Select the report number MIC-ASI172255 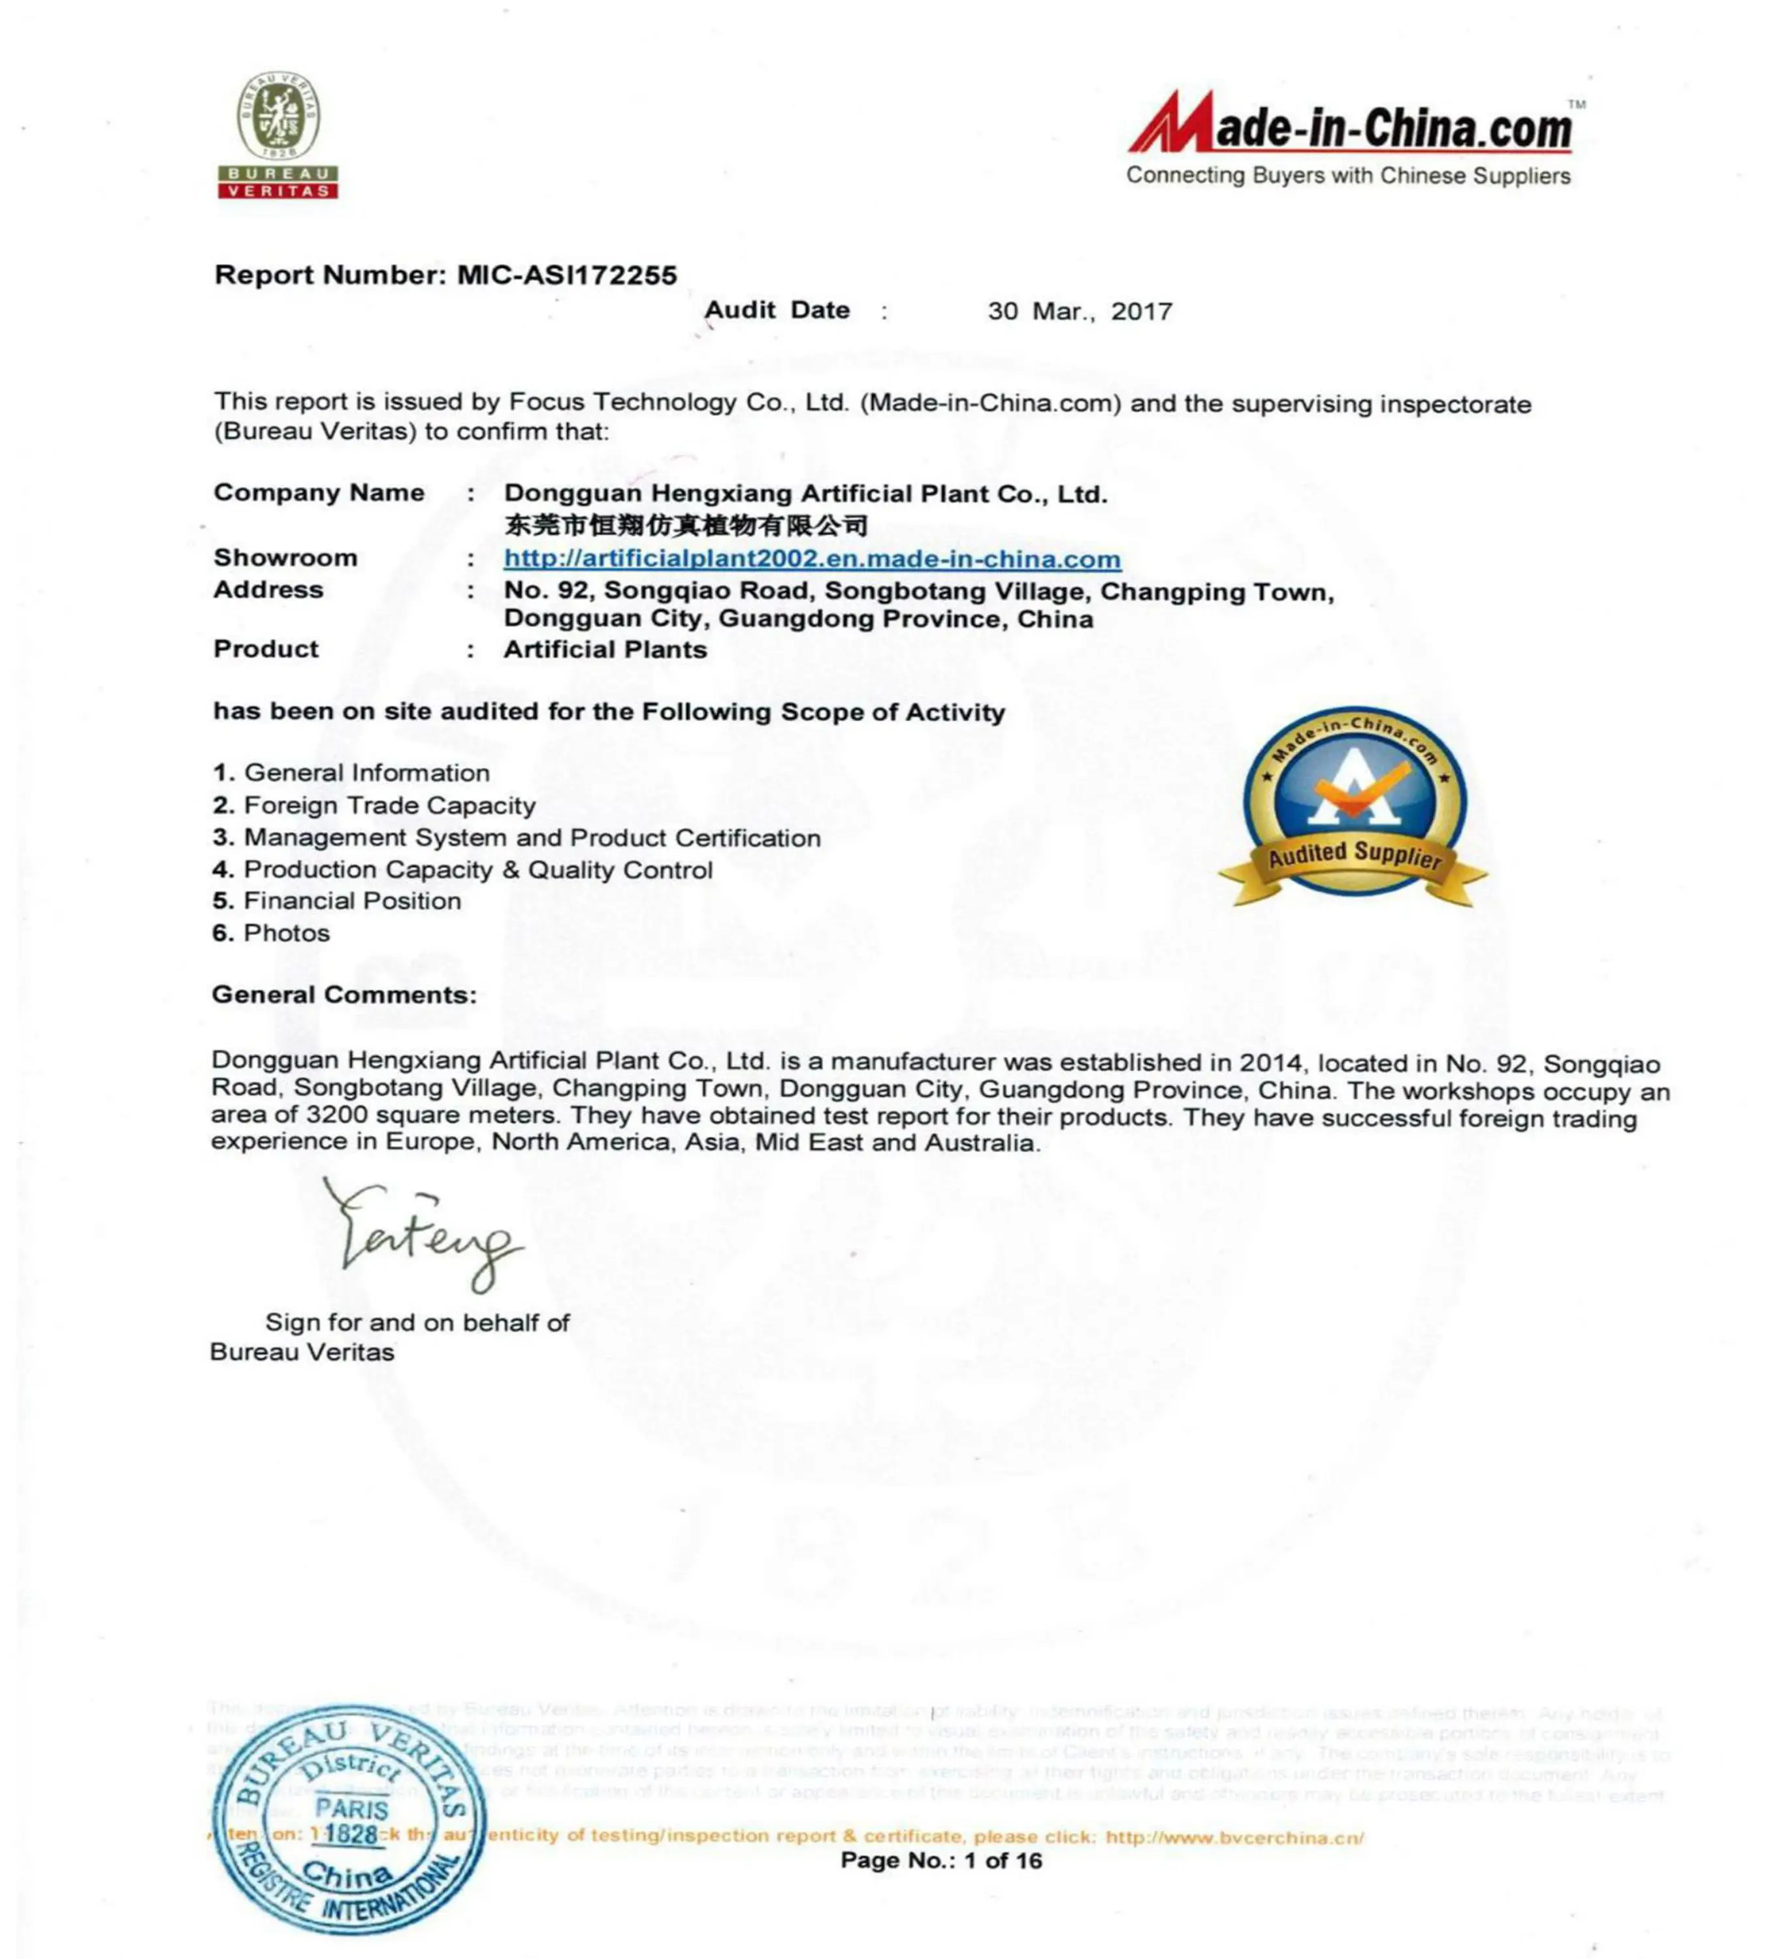point(566,276)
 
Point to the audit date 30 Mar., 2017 point(1080,312)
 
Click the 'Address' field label point(268,590)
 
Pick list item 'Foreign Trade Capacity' point(389,806)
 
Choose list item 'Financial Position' point(352,900)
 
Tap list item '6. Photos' point(272,933)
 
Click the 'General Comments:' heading point(344,995)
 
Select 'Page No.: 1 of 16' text point(940,1861)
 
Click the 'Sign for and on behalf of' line point(417,1322)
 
